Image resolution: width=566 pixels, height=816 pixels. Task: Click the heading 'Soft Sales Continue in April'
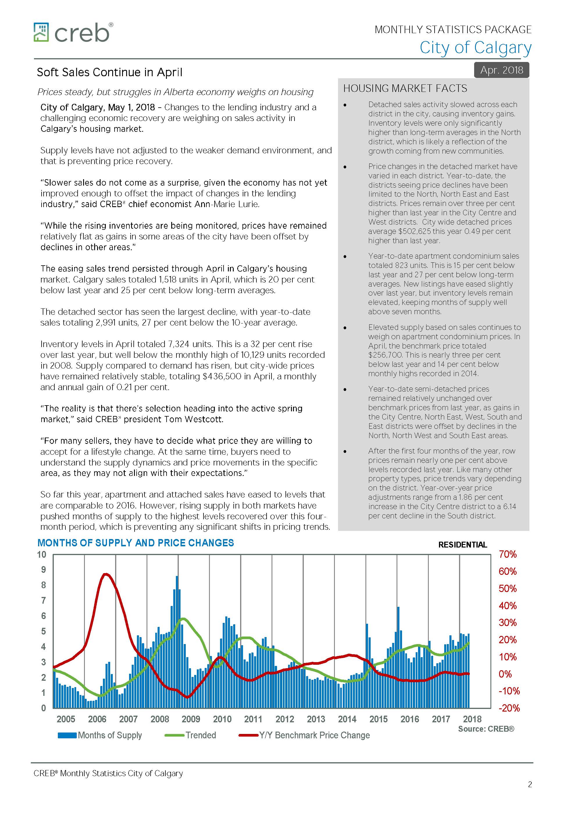coord(109,72)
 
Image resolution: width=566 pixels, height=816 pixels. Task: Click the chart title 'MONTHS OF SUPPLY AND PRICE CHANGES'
coord(135,543)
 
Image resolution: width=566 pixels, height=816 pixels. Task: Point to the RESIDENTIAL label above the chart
coord(463,545)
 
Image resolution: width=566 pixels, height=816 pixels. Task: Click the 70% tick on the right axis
coord(508,554)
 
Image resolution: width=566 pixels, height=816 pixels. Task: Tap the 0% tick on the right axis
coord(505,674)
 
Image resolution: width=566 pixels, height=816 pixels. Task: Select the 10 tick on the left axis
coord(42,554)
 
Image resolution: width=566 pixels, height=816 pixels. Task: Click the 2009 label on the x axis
coord(191,719)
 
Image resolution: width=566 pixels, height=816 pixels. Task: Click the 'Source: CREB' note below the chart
coord(486,729)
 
